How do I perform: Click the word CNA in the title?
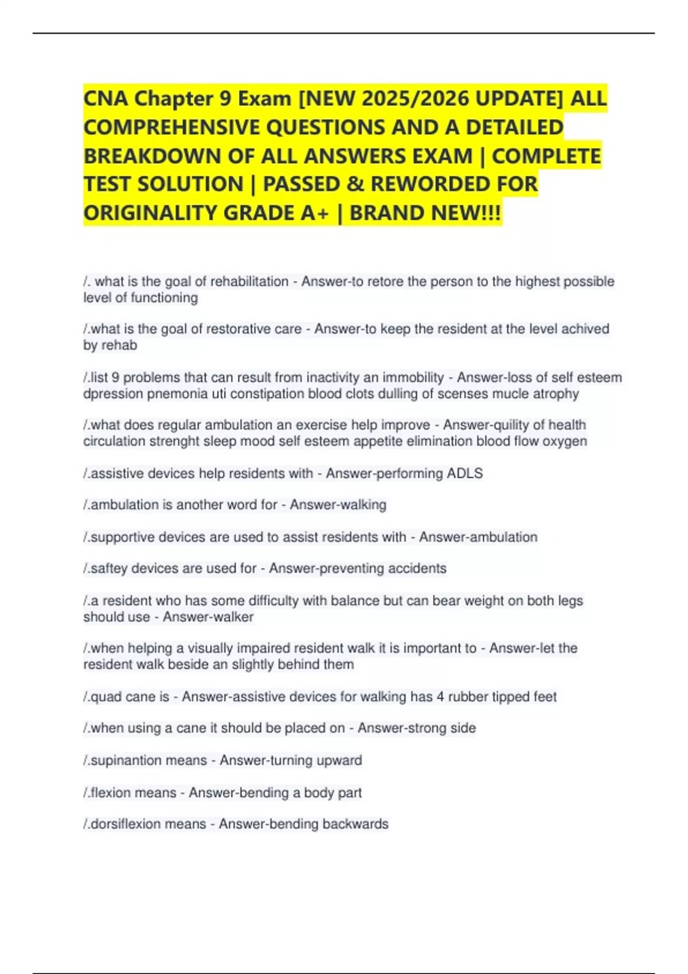pyautogui.click(x=106, y=99)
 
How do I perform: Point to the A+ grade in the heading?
pyautogui.click(x=315, y=213)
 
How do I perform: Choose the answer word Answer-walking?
pyautogui.click(x=338, y=505)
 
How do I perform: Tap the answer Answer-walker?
pyautogui.click(x=208, y=617)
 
